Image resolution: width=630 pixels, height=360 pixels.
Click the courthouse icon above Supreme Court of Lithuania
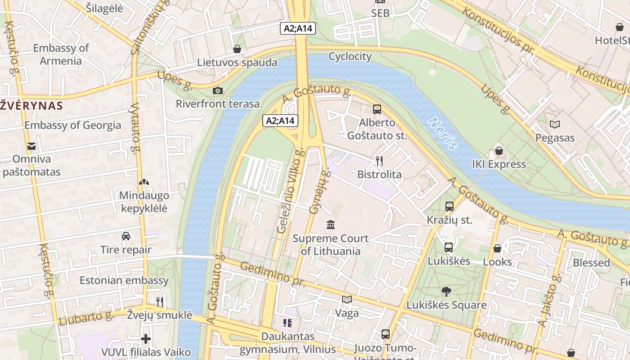point(331,224)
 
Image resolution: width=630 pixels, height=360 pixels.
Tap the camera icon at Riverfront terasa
point(218,90)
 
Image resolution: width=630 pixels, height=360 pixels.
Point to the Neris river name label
point(443,133)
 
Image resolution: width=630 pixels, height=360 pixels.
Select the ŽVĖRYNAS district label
point(31,106)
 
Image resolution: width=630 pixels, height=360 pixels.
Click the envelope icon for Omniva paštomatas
point(31,146)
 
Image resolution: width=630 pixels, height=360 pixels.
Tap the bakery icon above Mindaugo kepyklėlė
point(144,182)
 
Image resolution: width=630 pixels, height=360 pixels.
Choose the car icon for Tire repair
point(126,236)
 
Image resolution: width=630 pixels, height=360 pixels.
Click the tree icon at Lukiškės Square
point(446,292)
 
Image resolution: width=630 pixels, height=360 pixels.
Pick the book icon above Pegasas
point(555,124)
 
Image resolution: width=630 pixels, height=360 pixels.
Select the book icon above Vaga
point(347,300)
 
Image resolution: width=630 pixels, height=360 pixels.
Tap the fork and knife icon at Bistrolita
point(379,161)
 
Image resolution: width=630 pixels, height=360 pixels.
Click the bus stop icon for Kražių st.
point(449,207)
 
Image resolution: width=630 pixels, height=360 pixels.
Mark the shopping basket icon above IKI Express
point(499,151)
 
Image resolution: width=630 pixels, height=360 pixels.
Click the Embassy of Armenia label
point(61,54)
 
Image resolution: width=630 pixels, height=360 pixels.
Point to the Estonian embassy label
point(124,280)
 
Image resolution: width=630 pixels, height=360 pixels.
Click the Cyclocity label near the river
point(350,56)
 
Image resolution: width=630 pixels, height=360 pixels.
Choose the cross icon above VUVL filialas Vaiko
point(146,338)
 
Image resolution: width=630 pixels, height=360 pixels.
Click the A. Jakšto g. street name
point(550,301)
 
